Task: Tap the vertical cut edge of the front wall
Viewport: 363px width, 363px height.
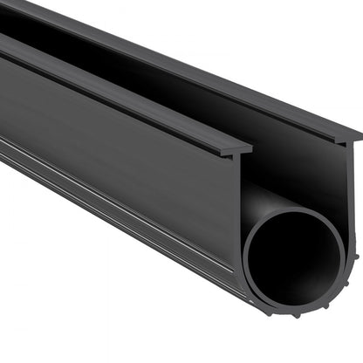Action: [242, 218]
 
